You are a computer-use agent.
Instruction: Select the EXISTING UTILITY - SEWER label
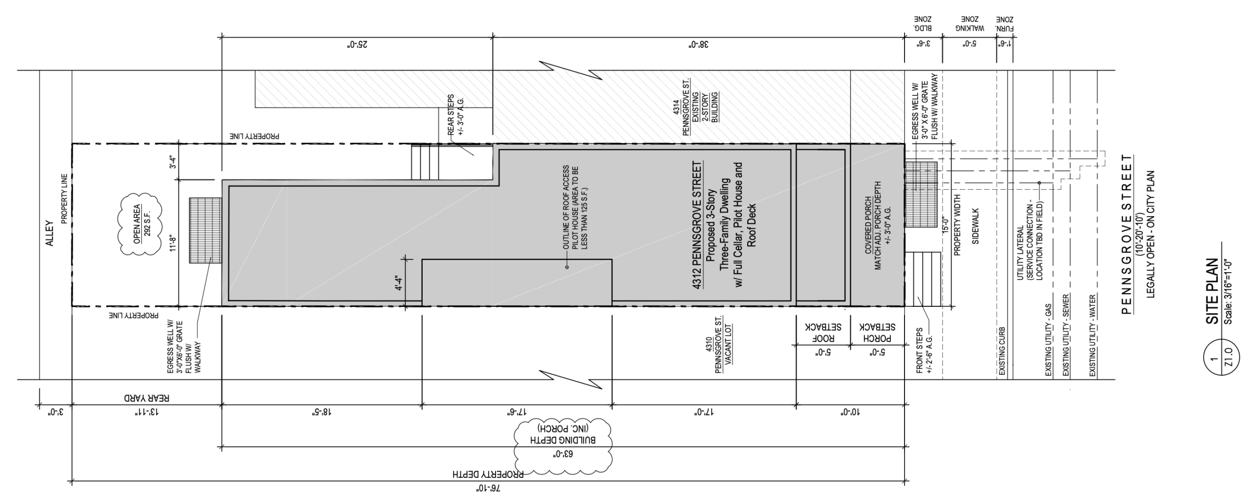tap(1066, 335)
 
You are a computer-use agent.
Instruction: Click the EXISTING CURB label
tap(1002, 351)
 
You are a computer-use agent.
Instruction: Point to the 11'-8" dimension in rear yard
tap(172, 242)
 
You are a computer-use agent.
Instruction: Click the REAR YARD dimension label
tap(146, 398)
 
